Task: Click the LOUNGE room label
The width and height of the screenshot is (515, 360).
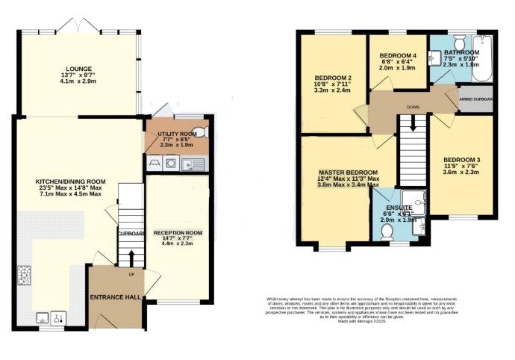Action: click(x=78, y=68)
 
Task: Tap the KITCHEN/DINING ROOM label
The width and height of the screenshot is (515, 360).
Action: click(x=72, y=181)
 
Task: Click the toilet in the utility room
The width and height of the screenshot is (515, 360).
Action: click(x=206, y=132)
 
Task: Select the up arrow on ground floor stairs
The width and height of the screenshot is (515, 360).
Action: click(x=131, y=258)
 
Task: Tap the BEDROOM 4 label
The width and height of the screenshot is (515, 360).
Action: click(x=399, y=56)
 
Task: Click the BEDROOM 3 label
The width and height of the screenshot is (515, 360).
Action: click(x=461, y=160)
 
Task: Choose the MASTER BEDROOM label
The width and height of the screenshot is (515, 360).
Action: click(x=345, y=173)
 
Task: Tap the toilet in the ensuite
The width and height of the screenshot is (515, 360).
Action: click(x=387, y=232)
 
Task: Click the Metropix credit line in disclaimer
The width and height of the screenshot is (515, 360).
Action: click(x=386, y=320)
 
